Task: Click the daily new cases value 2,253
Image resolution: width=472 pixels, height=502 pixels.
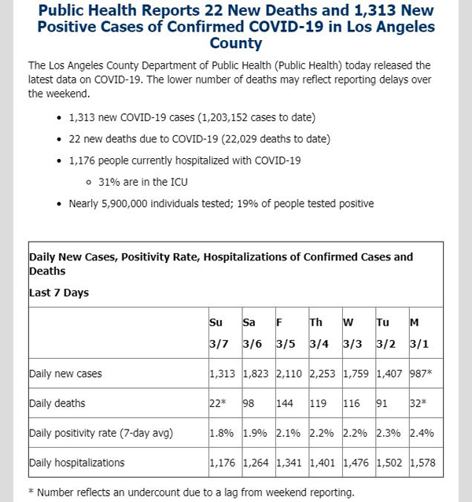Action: tap(323, 374)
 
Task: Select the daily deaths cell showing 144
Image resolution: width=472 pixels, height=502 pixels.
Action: tap(285, 403)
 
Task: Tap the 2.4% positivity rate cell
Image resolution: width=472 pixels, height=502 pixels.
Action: tap(422, 433)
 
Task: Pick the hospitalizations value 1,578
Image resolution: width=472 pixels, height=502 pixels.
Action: tap(422, 463)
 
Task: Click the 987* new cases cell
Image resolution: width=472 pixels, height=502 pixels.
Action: tap(421, 373)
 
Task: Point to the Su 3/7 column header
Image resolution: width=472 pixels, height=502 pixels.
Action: tap(219, 333)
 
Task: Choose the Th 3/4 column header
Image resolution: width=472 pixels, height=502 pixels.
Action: tap(319, 333)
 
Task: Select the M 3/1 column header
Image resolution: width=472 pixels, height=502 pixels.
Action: tap(419, 333)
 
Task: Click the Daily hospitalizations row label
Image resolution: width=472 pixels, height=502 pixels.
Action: tap(77, 463)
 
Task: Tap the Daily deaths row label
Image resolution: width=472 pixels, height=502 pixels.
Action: tap(57, 404)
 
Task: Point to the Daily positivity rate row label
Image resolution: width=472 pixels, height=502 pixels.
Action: tap(101, 434)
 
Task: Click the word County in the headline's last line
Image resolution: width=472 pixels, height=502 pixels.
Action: tap(236, 43)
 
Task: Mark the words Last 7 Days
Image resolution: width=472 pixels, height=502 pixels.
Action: tap(59, 293)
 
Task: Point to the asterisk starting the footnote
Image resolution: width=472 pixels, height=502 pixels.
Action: tap(31, 491)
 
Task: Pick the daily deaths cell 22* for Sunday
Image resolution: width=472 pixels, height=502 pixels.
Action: tap(218, 403)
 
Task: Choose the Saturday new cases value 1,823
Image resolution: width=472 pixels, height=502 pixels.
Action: tap(256, 374)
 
